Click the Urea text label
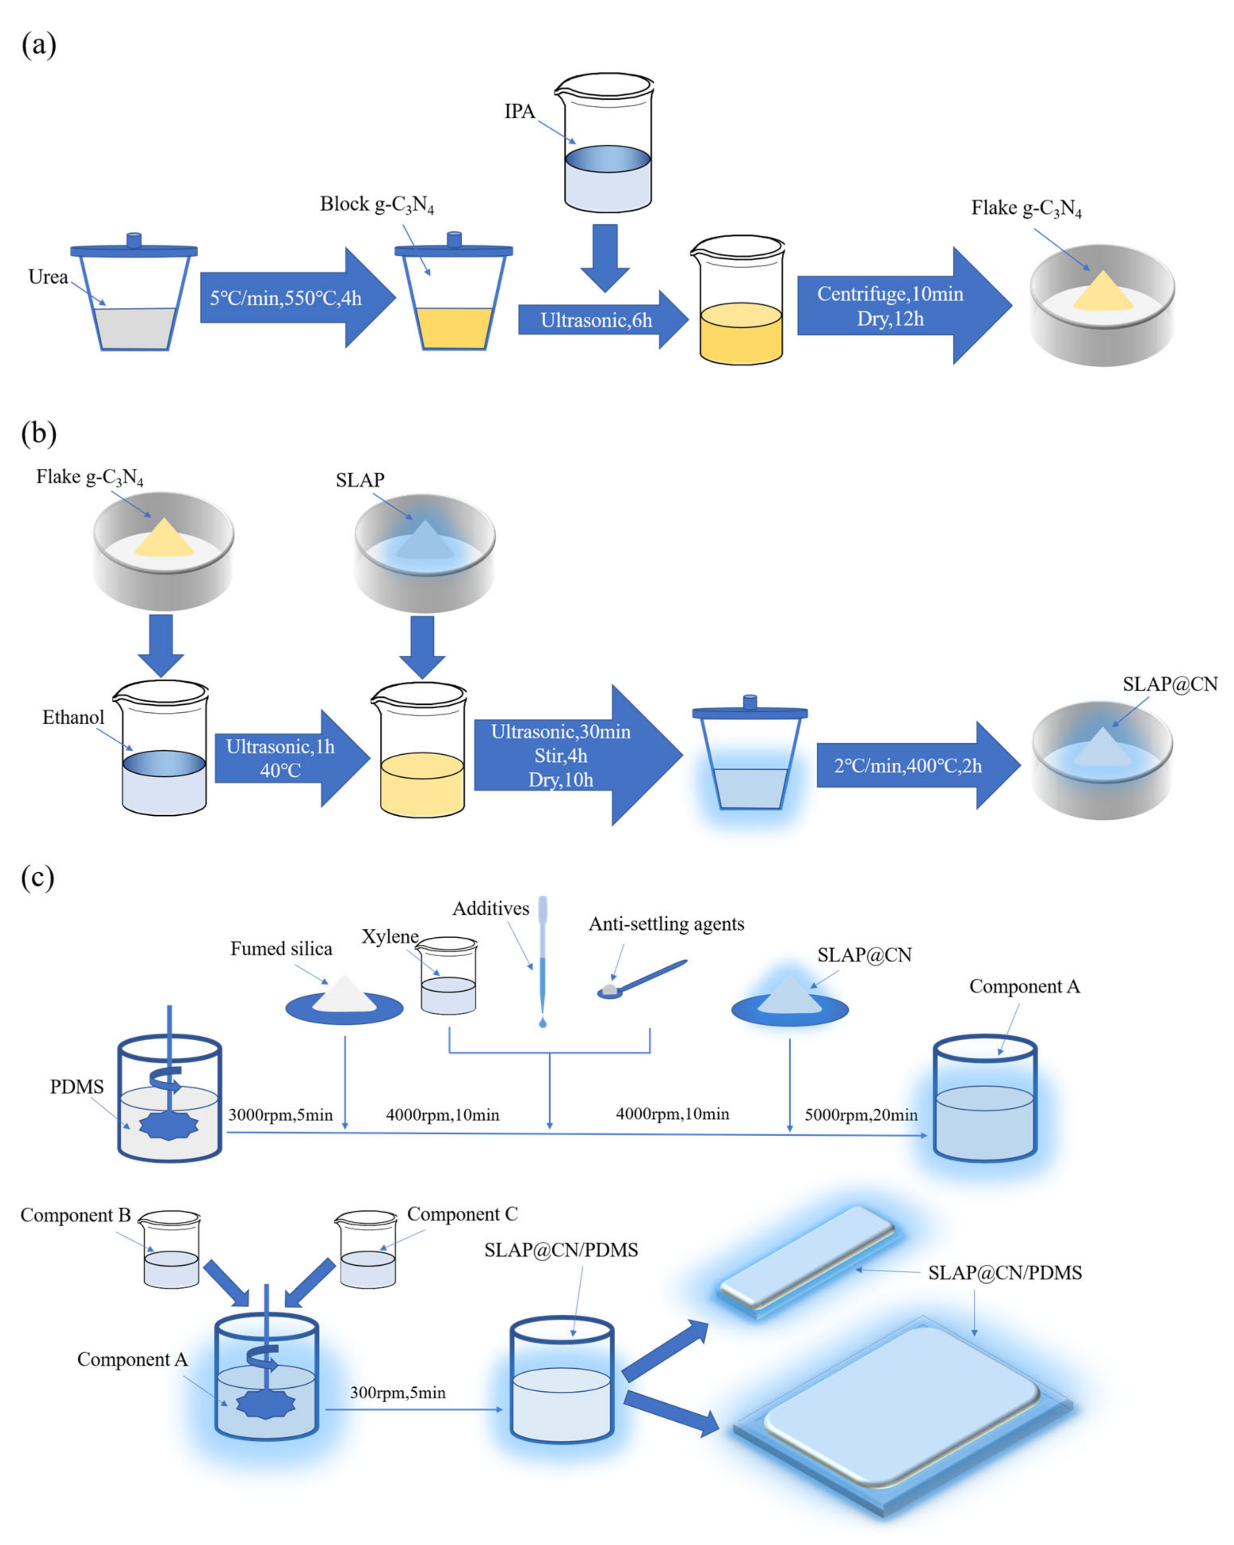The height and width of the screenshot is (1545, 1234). [x=48, y=277]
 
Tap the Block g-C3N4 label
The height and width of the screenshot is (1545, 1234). [x=377, y=205]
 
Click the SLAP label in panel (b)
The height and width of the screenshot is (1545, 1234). [x=360, y=480]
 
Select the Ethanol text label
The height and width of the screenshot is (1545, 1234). [x=73, y=717]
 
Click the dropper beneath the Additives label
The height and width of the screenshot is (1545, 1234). [x=542, y=960]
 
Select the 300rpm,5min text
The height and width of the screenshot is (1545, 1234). [x=397, y=1392]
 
